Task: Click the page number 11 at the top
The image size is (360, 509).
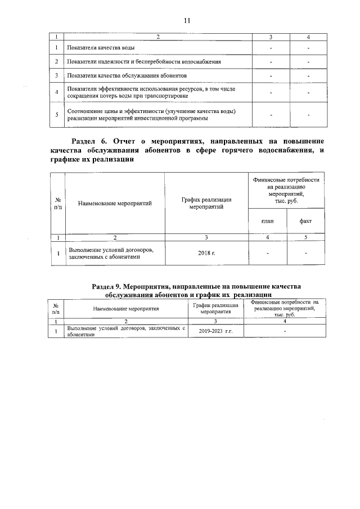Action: click(x=187, y=21)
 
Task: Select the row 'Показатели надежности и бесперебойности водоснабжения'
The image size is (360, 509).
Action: click(x=143, y=61)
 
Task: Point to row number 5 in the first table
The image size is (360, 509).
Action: click(x=57, y=115)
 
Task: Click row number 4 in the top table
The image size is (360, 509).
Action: click(x=57, y=92)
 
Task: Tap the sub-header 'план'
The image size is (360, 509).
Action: click(x=268, y=220)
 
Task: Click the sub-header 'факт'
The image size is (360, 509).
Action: click(x=305, y=220)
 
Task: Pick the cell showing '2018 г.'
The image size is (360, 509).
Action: click(x=206, y=253)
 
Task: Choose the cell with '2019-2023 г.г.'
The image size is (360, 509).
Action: click(x=215, y=331)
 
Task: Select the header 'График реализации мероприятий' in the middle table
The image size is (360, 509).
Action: click(x=206, y=203)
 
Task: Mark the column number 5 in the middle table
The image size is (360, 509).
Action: click(x=305, y=237)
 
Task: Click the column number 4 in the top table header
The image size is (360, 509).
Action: click(x=308, y=37)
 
